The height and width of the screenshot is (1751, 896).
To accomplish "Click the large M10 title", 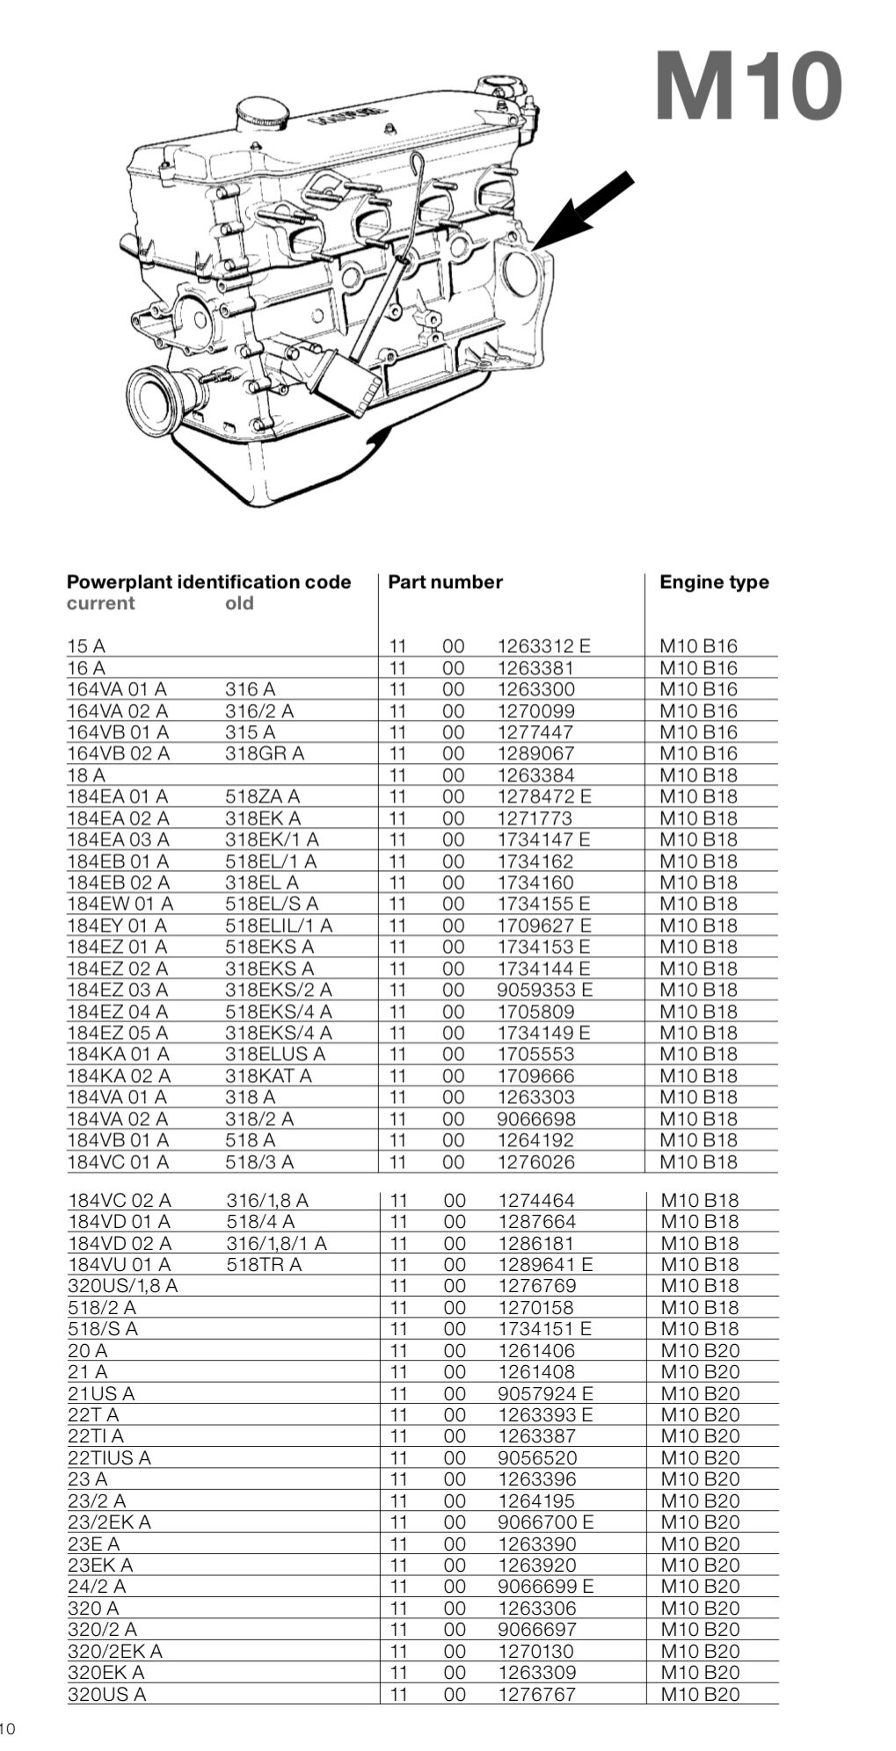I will [748, 86].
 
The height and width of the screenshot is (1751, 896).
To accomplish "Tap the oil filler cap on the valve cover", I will [261, 114].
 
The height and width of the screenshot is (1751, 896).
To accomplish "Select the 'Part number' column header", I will [445, 582].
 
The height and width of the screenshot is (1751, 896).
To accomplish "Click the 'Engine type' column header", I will [714, 582].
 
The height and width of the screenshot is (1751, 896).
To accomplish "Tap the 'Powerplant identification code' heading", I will [209, 582].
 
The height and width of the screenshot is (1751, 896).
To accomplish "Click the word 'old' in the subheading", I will [239, 603].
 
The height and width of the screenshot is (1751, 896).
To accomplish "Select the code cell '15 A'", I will [86, 646].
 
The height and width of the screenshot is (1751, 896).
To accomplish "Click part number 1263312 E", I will [544, 646].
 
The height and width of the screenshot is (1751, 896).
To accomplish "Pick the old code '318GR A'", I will [265, 753].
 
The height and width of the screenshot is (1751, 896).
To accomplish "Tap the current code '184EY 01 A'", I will [117, 925].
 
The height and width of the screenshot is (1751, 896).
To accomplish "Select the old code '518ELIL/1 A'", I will [279, 925].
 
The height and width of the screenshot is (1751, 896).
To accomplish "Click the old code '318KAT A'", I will [268, 1076].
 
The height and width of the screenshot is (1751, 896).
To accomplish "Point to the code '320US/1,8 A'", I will [122, 1286].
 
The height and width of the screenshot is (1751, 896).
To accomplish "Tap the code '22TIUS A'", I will [109, 1457].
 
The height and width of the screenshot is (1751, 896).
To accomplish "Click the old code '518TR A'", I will [264, 1264].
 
